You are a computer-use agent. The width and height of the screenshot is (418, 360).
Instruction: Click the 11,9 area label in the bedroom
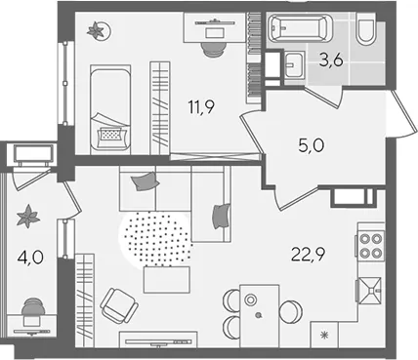tap(201, 107)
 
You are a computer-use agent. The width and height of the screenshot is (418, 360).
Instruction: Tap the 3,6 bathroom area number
tap(331, 60)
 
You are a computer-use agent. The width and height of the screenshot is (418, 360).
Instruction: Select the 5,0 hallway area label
tap(311, 145)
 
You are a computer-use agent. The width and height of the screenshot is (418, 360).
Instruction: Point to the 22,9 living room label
tap(308, 254)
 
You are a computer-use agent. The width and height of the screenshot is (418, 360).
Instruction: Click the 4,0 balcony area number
tap(30, 259)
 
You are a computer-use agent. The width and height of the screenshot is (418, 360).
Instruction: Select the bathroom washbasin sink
tap(294, 64)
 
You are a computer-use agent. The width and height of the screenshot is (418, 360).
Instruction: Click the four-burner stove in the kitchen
tap(370, 246)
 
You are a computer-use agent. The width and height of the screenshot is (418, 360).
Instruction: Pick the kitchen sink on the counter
tap(370, 290)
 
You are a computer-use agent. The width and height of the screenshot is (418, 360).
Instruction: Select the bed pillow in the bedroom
tap(110, 134)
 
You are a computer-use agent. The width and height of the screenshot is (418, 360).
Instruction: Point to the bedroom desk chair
tap(213, 49)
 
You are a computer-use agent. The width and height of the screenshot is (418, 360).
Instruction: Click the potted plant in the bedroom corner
tap(99, 30)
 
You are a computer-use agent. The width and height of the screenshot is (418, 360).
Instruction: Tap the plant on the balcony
tap(28, 216)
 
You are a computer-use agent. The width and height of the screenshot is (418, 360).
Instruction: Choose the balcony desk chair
tap(33, 306)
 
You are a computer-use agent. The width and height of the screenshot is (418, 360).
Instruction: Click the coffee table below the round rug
tap(166, 280)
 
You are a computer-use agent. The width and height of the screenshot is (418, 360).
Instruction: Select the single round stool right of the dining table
tap(291, 312)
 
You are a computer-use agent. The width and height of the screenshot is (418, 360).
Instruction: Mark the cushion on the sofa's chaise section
tap(221, 217)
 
